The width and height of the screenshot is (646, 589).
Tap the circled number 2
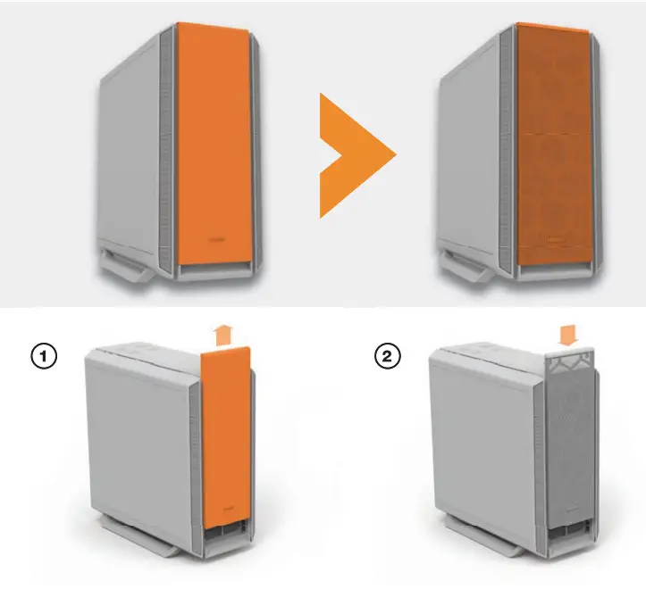point(387,356)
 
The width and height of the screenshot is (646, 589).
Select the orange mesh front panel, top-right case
point(547,143)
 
